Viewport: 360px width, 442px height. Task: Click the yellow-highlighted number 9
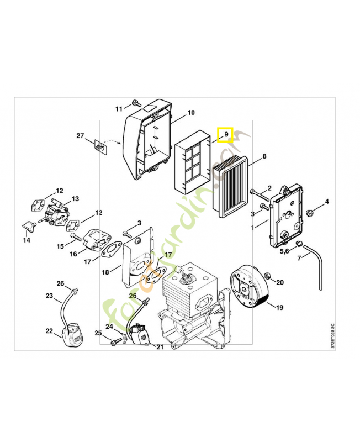pos(226,134)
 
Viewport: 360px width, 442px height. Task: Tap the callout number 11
pos(119,108)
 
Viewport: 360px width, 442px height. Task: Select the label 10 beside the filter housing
pos(191,113)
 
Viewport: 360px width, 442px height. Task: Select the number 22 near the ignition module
pos(49,331)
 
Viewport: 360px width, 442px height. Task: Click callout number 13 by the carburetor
pos(75,199)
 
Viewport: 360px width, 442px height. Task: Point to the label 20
pos(280,282)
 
